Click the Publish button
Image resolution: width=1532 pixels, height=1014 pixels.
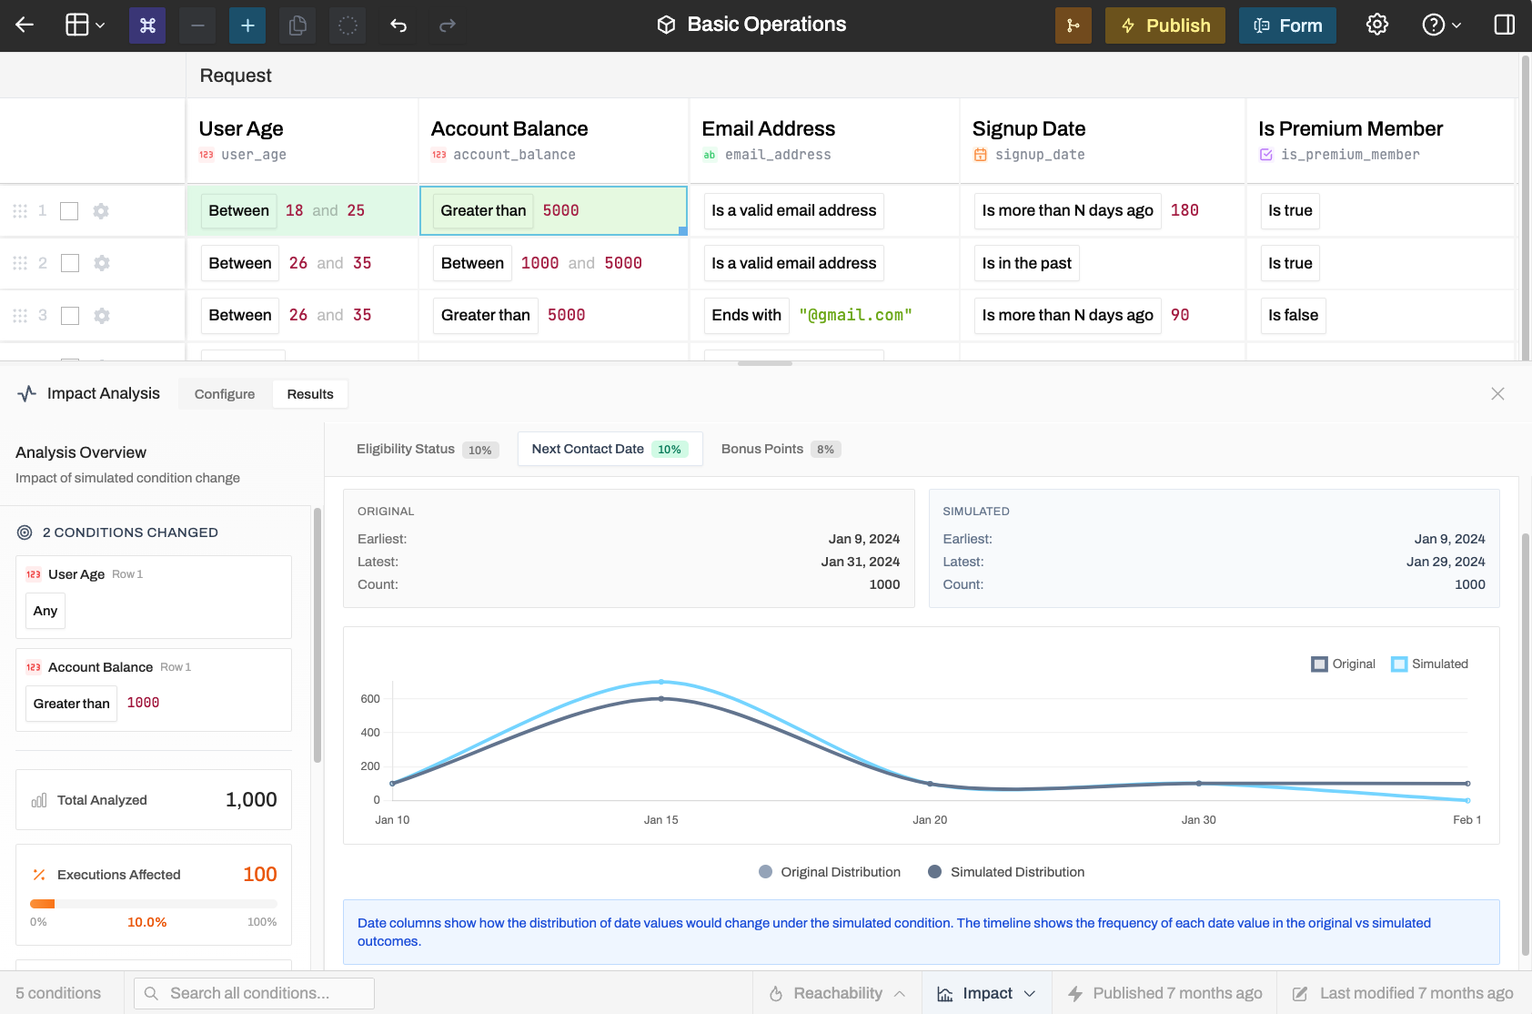tap(1164, 25)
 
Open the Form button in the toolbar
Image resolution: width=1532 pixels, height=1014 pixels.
tap(1287, 25)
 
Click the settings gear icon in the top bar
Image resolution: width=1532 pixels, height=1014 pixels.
tap(1376, 25)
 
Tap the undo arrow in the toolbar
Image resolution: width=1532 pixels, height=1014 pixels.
tap(398, 25)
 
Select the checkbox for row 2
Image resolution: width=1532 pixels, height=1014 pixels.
tap(70, 263)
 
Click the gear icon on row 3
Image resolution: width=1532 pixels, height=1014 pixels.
tap(101, 316)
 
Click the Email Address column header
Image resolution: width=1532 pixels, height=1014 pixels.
tap(768, 128)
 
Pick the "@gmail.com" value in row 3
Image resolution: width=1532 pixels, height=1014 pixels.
tap(855, 315)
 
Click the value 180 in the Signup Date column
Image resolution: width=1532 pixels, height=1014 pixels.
tap(1184, 210)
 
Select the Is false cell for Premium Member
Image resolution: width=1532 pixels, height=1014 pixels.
tap(1293, 316)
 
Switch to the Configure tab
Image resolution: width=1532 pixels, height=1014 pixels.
tap(225, 394)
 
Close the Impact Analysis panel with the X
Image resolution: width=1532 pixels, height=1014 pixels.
tap(1497, 393)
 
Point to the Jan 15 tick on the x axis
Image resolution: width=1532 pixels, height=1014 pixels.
tap(660, 820)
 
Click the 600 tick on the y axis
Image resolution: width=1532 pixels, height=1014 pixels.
tap(370, 698)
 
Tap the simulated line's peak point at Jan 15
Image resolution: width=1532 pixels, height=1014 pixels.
tap(660, 682)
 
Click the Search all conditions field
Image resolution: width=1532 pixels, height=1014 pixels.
tap(255, 993)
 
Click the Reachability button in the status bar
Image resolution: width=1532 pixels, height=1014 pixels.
tap(837, 993)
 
